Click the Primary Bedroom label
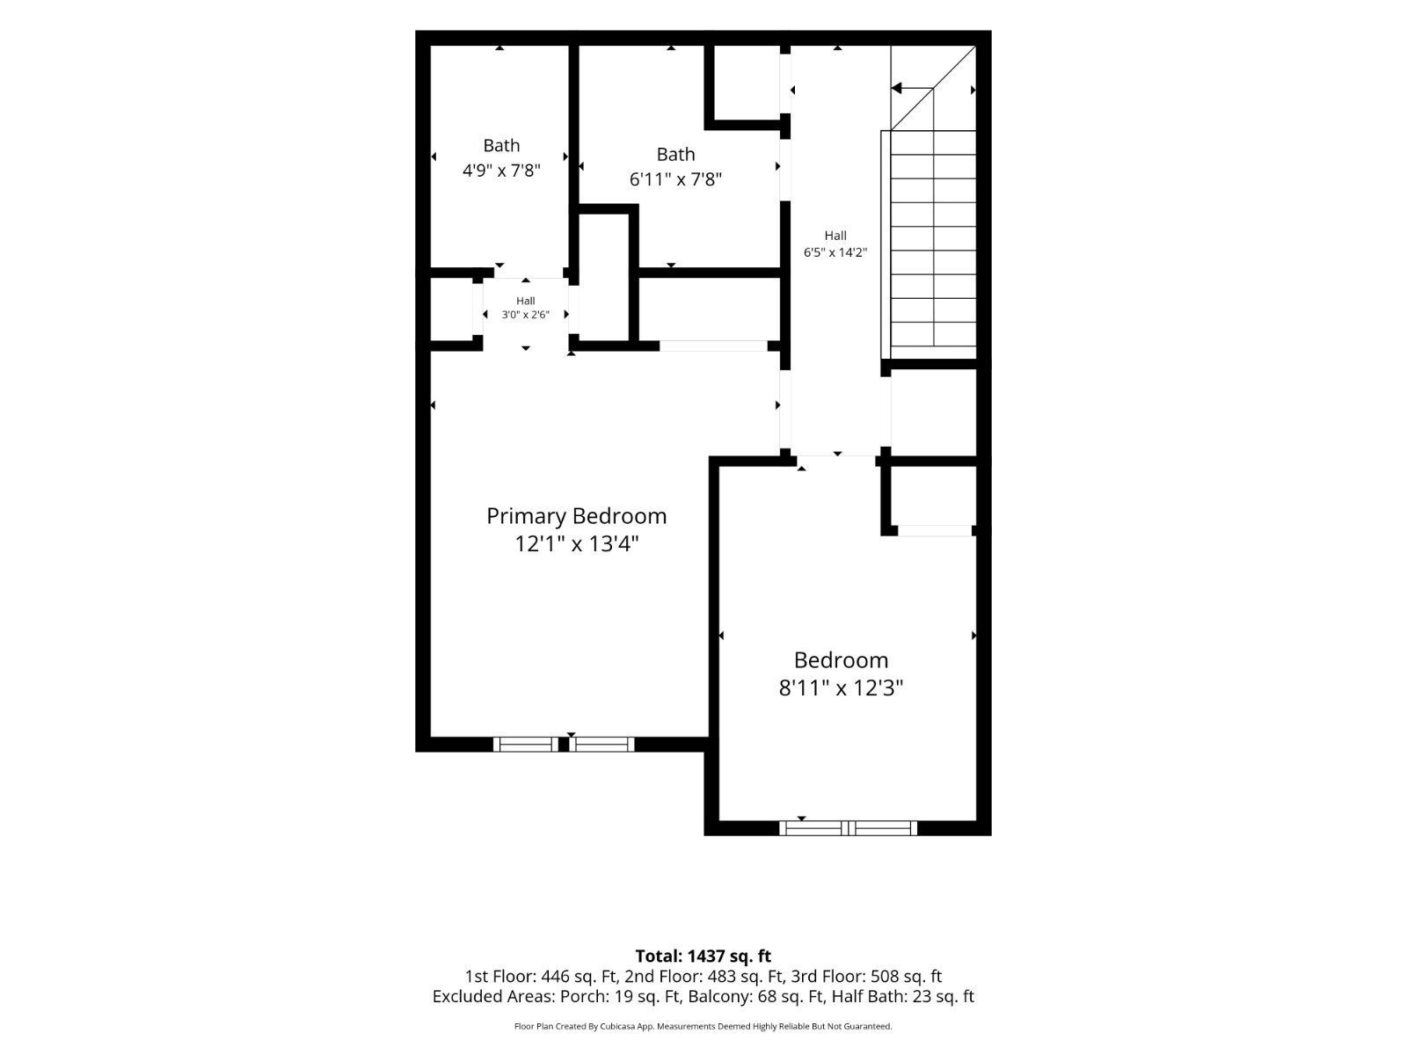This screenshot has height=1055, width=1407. [576, 516]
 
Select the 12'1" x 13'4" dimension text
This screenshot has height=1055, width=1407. [577, 544]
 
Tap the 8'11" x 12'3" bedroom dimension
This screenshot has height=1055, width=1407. [841, 688]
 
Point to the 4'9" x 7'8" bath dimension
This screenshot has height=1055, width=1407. [501, 171]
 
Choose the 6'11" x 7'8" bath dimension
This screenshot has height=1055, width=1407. [675, 179]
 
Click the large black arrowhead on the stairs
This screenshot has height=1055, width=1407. [897, 88]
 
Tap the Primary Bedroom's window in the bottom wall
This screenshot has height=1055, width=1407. [564, 744]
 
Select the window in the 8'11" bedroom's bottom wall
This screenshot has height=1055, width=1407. [848, 827]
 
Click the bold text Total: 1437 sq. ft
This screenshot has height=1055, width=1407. [703, 956]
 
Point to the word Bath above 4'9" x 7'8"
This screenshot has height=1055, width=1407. [501, 145]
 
